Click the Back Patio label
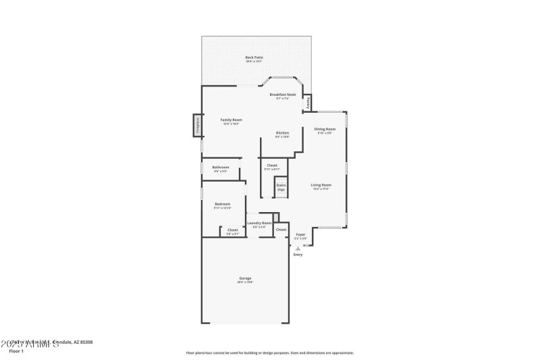click(x=254, y=57)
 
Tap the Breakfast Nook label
click(x=283, y=95)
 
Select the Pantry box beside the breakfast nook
click(x=308, y=103)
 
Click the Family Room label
click(x=232, y=120)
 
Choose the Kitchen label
click(x=282, y=133)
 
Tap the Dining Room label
click(x=325, y=129)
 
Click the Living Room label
click(x=321, y=184)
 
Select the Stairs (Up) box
click(x=281, y=188)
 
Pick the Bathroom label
click(x=221, y=168)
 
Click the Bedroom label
click(x=223, y=204)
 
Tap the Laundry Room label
click(x=259, y=223)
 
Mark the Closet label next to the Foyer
click(x=281, y=230)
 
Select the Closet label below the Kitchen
click(x=272, y=165)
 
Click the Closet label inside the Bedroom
click(x=232, y=230)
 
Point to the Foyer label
click(x=300, y=234)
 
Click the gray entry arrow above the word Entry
click(x=298, y=248)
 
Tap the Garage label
click(x=244, y=278)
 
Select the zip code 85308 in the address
click(x=84, y=342)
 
